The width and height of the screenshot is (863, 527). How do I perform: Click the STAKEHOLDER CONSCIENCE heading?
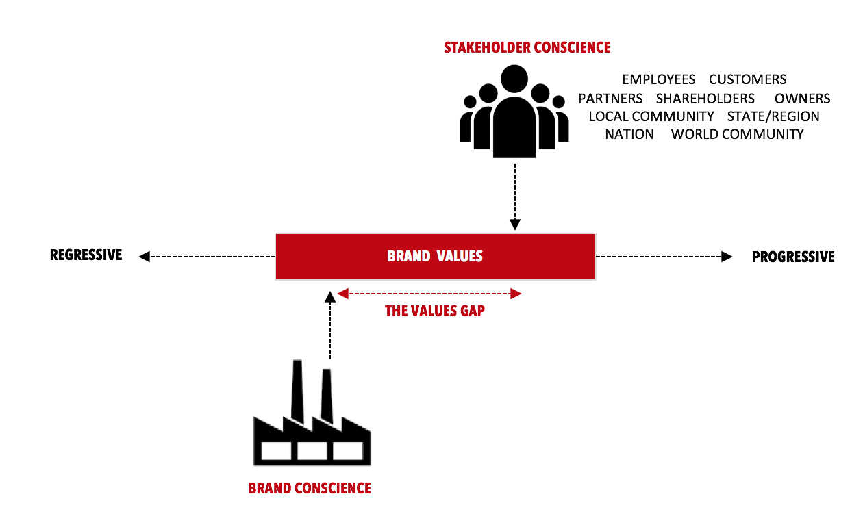pos(527,48)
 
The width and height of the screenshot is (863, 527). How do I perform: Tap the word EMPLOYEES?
pos(658,80)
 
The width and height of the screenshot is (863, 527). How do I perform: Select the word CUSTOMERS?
pos(747,80)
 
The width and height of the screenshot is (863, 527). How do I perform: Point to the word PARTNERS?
pos(610,99)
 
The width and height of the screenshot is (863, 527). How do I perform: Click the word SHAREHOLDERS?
pos(705,99)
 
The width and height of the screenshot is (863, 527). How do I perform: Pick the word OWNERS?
pos(802,99)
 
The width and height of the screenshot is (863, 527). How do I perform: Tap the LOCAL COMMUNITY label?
pos(651,116)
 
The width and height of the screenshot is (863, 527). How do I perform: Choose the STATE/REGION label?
pos(773,116)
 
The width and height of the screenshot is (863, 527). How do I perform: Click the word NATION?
pos(629,134)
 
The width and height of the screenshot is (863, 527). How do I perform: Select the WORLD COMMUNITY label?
pos(737,134)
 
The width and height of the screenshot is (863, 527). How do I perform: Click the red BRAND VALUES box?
pos(435,257)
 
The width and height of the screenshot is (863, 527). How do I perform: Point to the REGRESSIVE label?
pos(86,255)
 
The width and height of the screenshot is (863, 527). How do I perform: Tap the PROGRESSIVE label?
pos(793,257)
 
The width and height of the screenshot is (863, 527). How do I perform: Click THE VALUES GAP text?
pos(435,311)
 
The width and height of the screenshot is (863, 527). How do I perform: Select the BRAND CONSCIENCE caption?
pos(310,489)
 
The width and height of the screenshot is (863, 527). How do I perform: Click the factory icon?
pos(312,424)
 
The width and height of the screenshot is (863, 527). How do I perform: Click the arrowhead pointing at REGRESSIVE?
pos(144,257)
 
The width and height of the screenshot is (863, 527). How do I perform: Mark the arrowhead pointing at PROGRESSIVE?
pos(726,257)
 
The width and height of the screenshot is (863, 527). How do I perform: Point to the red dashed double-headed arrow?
pos(429,294)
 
